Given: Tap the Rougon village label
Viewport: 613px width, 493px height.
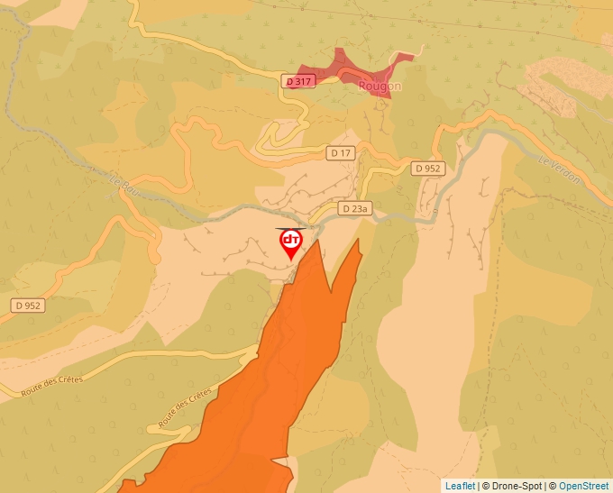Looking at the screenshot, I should pyautogui.click(x=379, y=87).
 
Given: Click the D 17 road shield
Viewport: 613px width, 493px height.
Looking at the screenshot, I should pyautogui.click(x=341, y=153).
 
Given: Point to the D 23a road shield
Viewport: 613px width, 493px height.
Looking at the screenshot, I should pyautogui.click(x=355, y=208).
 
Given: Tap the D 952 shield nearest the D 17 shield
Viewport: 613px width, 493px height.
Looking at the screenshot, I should pyautogui.click(x=428, y=169).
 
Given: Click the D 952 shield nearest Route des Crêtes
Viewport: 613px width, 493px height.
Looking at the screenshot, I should pyautogui.click(x=28, y=306).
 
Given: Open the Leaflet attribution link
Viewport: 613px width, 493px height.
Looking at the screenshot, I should pyautogui.click(x=460, y=486).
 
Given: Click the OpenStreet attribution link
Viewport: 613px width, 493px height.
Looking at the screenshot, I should pyautogui.click(x=583, y=486).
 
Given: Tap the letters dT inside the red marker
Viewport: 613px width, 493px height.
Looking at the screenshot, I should pyautogui.click(x=291, y=240).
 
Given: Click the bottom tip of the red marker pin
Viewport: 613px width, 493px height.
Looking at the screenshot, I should pyautogui.click(x=291, y=260).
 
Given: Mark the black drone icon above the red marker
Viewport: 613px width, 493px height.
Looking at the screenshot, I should pyautogui.click(x=291, y=229).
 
